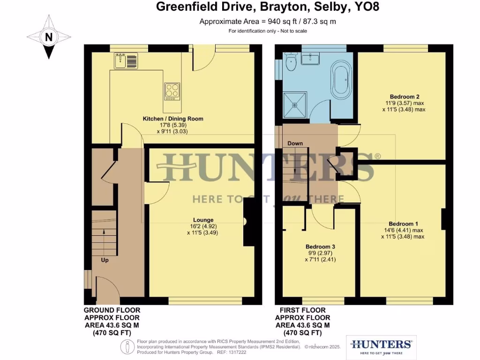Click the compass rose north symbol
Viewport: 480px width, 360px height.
coord(49,37)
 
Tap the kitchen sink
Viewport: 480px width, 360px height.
coord(125,60)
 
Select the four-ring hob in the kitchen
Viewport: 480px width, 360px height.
coord(172,91)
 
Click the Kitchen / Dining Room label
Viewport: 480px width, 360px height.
coord(173,119)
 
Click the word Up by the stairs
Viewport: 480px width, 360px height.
coord(105,259)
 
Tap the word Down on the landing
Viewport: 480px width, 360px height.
coord(295,143)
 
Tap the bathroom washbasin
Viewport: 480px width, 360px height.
coord(310,59)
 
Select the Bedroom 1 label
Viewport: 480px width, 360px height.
coord(403,224)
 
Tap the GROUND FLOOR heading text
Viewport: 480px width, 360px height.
coord(112,310)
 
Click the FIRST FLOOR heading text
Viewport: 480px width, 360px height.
coord(302,310)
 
